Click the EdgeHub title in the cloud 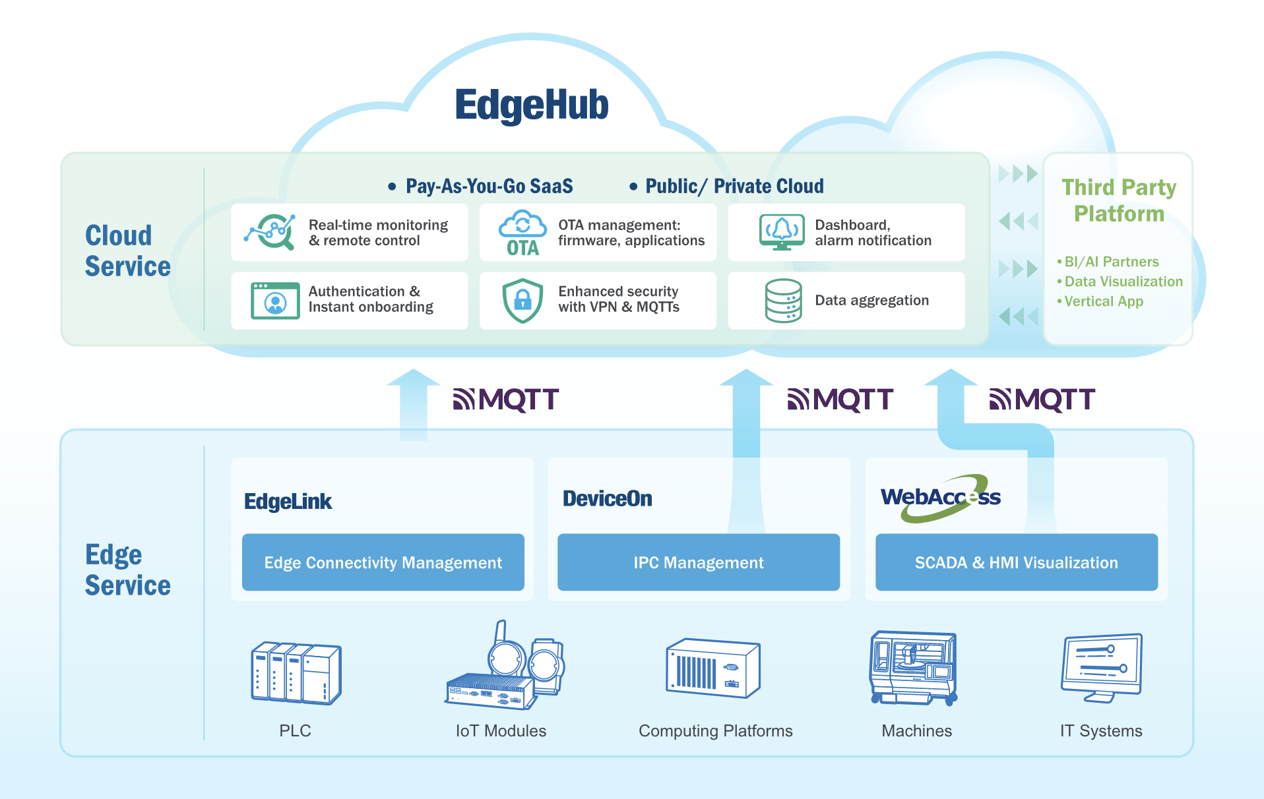(x=532, y=105)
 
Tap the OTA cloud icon (x=522, y=233)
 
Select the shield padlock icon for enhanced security (x=522, y=301)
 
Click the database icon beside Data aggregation (x=783, y=301)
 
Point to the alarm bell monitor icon (x=782, y=232)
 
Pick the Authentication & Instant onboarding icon (x=275, y=301)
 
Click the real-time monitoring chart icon (x=270, y=232)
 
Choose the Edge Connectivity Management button (x=383, y=562)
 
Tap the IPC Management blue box (x=698, y=562)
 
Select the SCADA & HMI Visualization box (x=1016, y=562)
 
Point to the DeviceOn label (x=607, y=499)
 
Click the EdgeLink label (x=288, y=502)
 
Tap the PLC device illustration (x=296, y=672)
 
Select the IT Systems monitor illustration (x=1101, y=667)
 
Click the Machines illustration (x=914, y=668)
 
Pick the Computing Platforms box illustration (x=713, y=668)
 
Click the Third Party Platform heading (x=1119, y=200)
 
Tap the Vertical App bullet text (x=1104, y=301)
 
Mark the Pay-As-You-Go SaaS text (x=489, y=187)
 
